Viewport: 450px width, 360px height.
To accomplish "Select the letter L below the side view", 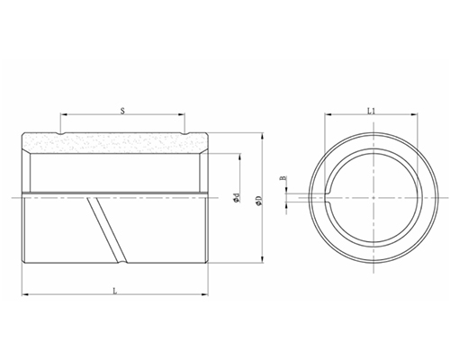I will click(114, 289).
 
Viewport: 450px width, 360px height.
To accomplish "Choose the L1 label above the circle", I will click(372, 110).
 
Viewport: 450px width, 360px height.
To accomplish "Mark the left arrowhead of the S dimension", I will click(64, 116).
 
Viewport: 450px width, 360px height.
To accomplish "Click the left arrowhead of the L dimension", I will click(24, 294).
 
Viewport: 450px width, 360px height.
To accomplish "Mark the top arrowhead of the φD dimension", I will click(262, 135).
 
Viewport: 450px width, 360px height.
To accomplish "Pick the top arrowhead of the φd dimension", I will click(240, 155).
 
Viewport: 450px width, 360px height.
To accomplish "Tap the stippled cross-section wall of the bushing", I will click(117, 144).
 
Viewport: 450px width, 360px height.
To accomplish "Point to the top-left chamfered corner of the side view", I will click(27, 137).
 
